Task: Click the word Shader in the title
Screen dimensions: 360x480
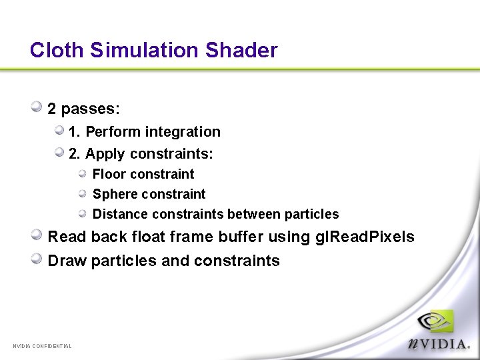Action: (x=241, y=50)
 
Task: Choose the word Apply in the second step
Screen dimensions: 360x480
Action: (x=105, y=154)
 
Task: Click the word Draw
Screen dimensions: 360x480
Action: (x=67, y=261)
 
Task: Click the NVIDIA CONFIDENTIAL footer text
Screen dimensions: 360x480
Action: (x=42, y=345)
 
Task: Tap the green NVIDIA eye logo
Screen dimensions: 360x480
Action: (x=435, y=323)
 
